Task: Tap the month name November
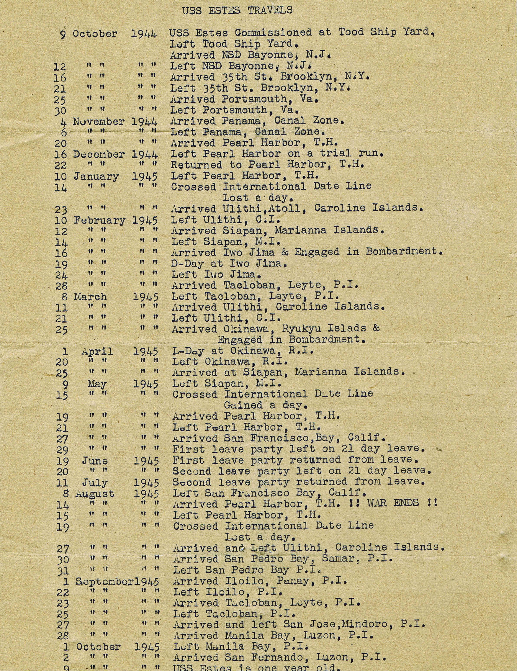(99, 122)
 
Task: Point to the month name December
(99, 155)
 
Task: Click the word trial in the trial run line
(329, 153)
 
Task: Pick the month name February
(100, 220)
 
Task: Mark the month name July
(95, 483)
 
